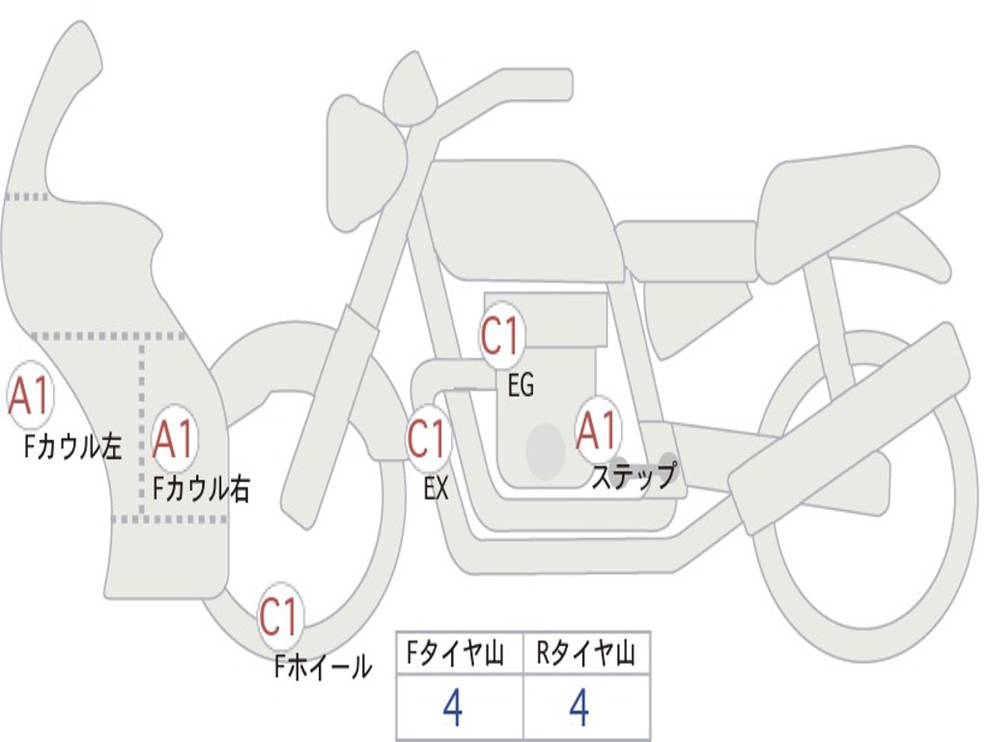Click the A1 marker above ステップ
point(598,430)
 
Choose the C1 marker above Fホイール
point(280,617)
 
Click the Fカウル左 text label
point(74,446)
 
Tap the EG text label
point(521,386)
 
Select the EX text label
point(437,489)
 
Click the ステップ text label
point(634,477)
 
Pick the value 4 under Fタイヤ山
point(452,708)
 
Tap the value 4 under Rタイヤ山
point(579,708)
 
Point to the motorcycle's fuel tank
point(522,217)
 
